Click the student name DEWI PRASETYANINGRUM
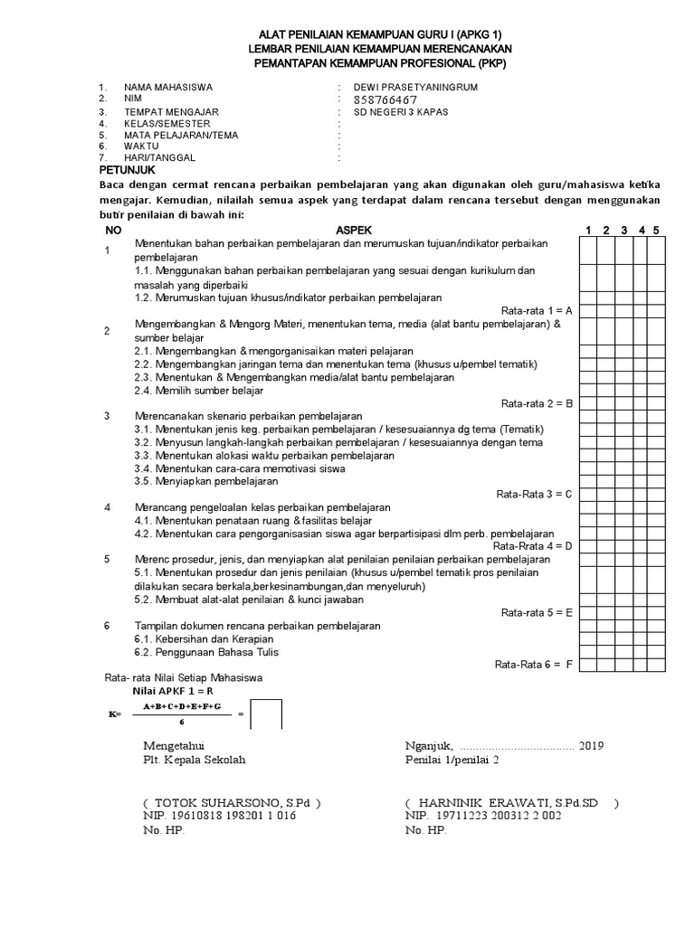point(414,87)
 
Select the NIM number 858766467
point(386,99)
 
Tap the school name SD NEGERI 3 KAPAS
point(401,112)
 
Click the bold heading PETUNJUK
point(128,170)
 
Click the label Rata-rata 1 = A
point(537,309)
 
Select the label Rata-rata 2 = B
point(537,403)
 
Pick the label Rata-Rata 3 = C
point(535,495)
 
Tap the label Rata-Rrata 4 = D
point(533,546)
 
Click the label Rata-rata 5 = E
point(537,612)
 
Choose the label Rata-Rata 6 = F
point(534,665)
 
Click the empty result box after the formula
point(267,713)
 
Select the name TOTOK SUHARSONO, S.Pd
point(232,802)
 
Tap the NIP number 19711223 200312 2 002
point(483,815)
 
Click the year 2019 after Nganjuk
point(591,746)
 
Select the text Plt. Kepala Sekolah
point(195,760)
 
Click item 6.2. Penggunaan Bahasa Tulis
point(206,652)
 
